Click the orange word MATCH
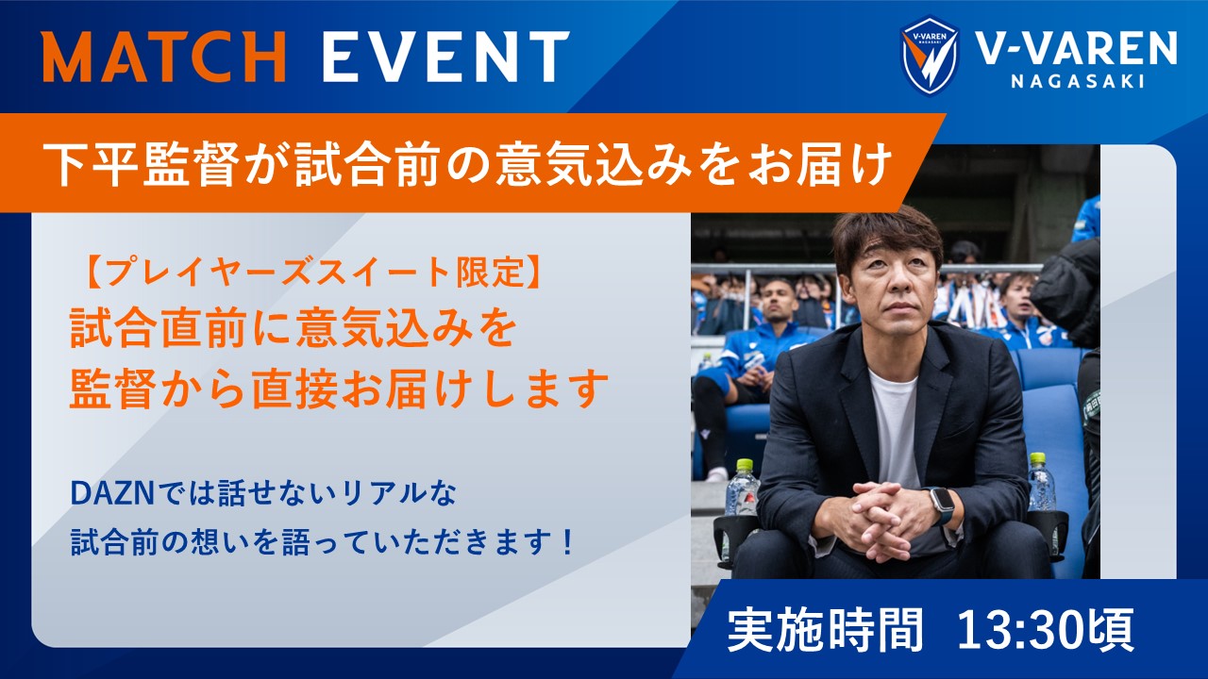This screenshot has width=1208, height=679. tap(164, 56)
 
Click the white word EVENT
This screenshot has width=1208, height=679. tap(446, 56)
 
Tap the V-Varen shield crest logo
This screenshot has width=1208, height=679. tap(930, 56)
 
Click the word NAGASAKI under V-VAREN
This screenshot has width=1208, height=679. tap(1079, 81)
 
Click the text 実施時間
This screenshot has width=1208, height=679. tap(825, 629)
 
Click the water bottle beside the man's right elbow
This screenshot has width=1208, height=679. tap(743, 488)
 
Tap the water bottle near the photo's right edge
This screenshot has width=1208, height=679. tap(1041, 482)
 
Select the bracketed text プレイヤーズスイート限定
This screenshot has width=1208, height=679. tap(311, 273)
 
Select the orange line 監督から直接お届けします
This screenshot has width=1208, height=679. tap(339, 389)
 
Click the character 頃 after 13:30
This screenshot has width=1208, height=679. tap(1117, 629)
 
